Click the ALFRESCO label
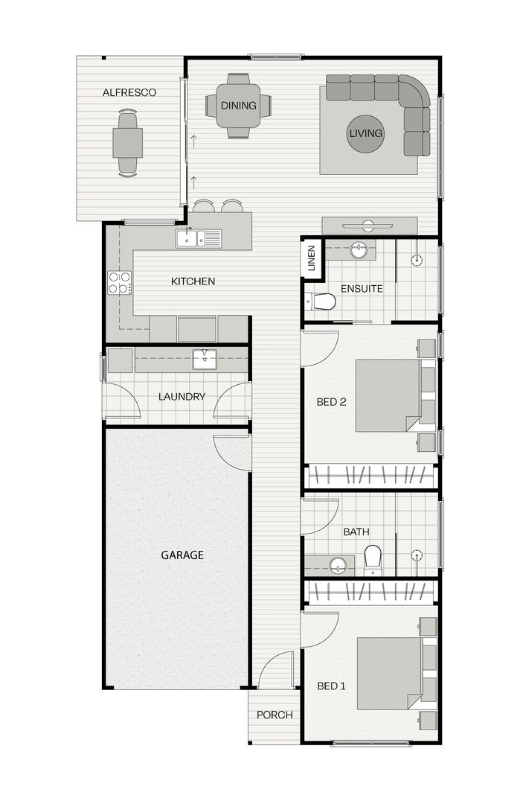pos(129,92)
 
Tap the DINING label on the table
pos(238,106)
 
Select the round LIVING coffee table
pos(365,134)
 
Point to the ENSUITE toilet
pos(321,301)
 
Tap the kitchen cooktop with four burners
pos(119,283)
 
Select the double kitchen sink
pos(198,238)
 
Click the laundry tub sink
pos(204,359)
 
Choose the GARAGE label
pos(182,555)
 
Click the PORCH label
pos(275,715)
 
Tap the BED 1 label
pos(331,686)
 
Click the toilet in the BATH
pos(373,560)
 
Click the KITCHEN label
pos(193,281)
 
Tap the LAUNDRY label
pos(182,397)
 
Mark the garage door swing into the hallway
pos(232,451)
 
